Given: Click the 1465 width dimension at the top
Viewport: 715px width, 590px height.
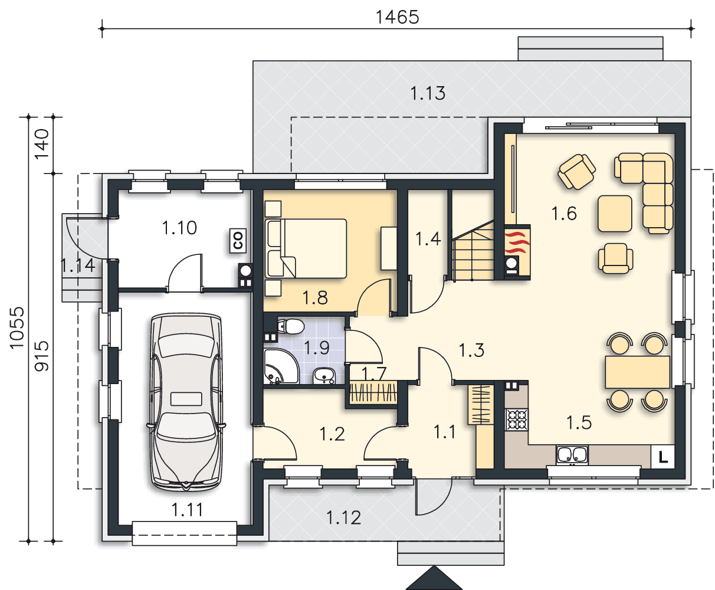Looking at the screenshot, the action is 397,17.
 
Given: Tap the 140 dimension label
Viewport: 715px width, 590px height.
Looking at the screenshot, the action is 42,144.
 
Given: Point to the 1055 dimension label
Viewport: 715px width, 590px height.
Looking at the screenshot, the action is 17,328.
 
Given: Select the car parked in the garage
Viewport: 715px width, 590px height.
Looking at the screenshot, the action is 186,402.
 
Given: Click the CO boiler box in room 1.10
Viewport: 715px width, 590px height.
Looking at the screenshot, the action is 238,240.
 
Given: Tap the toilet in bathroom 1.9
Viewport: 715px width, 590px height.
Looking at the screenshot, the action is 290,326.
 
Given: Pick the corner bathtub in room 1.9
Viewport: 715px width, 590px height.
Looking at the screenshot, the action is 281,366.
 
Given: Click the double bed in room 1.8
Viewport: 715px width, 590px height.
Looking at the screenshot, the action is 306,248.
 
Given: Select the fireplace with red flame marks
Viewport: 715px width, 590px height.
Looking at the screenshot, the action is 517,252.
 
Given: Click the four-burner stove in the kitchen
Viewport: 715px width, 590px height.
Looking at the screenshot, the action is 516,419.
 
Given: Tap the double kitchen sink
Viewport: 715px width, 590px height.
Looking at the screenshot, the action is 572,455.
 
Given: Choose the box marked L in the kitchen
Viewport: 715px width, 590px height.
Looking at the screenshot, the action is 662,457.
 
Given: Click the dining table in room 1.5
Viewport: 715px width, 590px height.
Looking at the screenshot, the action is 637,372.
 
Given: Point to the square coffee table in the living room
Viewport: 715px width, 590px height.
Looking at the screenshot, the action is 615,214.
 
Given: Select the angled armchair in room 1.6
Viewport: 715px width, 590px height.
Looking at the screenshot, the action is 576,171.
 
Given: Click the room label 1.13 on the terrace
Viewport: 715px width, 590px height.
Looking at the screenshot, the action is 428,93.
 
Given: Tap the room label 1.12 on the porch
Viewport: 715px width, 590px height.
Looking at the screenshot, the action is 343,517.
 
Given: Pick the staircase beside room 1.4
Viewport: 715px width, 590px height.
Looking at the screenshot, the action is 473,251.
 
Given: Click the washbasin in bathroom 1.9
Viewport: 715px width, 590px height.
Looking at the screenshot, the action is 324,376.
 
